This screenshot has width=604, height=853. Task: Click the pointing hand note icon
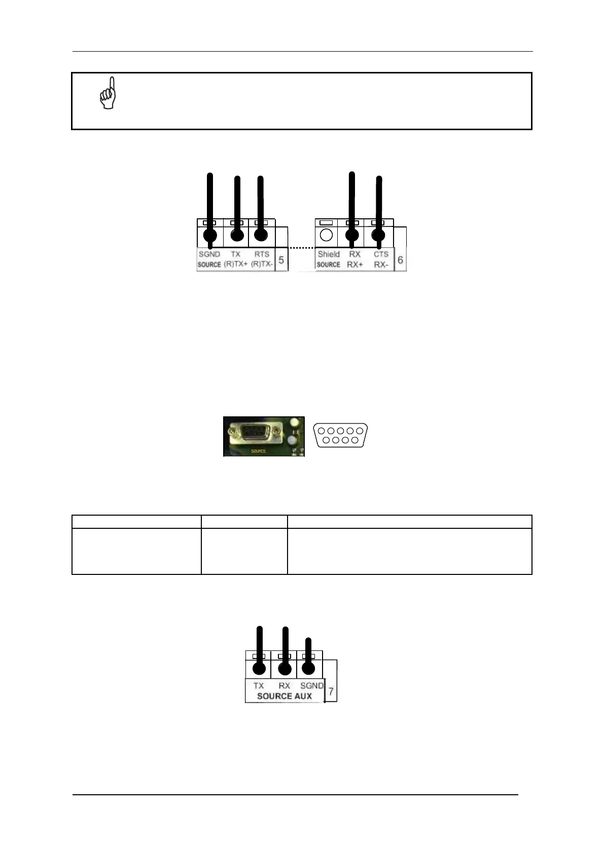coord(108,93)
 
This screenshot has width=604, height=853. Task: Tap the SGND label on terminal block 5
coord(209,254)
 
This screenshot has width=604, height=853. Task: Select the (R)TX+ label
coord(236,264)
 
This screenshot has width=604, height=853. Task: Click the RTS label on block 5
coord(262,254)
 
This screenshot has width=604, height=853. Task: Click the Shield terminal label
coord(329,254)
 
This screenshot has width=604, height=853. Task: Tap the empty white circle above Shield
coord(327,235)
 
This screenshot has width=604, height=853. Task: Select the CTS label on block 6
coord(381,254)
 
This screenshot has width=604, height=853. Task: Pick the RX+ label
coord(355,264)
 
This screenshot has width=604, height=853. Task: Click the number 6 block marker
coord(400,260)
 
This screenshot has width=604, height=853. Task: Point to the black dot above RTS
coord(261,235)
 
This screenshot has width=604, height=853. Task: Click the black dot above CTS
coord(378,235)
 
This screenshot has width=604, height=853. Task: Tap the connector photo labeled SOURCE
coord(264,436)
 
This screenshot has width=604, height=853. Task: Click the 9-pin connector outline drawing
coord(341,435)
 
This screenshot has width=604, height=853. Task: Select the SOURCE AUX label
coord(284,696)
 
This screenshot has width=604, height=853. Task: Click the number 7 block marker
coord(331,691)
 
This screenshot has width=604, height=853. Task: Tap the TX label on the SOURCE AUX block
coord(259,685)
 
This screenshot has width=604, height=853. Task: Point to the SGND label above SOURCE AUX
coord(311,685)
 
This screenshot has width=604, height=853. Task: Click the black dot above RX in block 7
coord(285,669)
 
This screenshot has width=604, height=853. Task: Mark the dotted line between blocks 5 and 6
coord(302,248)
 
